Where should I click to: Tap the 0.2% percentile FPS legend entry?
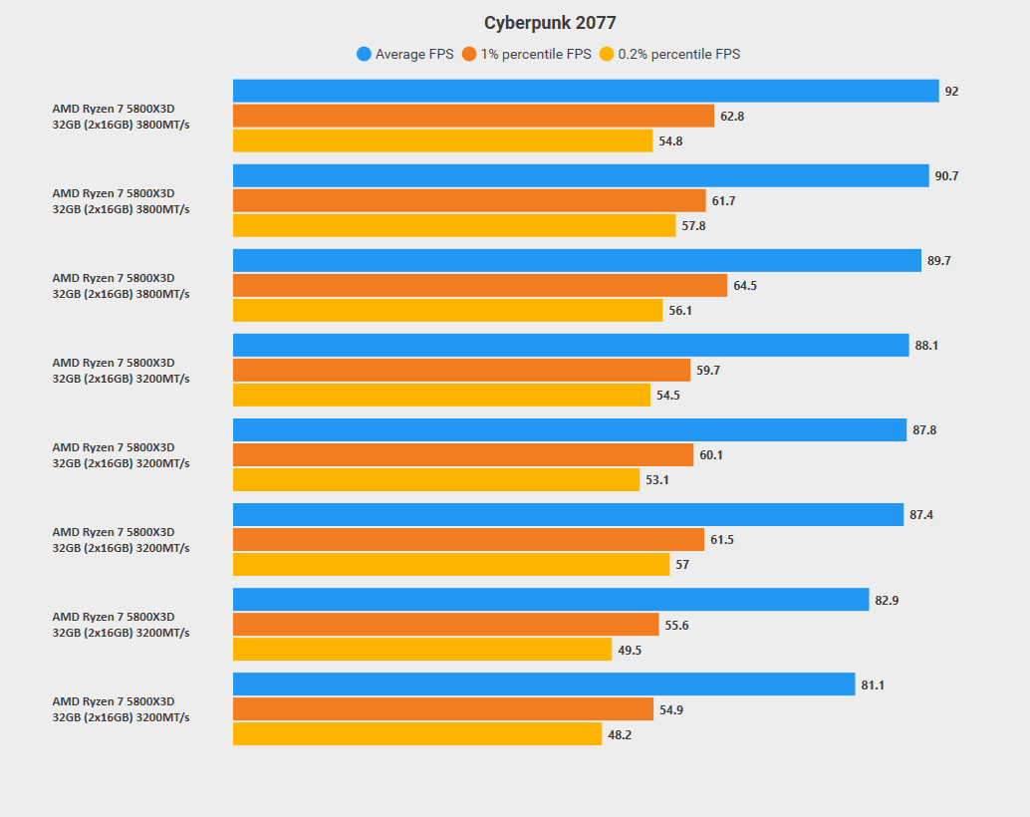coord(669,54)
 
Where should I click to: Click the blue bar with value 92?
coord(586,91)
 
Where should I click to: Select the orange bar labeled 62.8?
coord(473,116)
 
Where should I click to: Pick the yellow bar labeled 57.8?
coord(454,226)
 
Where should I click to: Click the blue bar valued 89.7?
coord(577,261)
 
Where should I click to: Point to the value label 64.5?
coord(745,286)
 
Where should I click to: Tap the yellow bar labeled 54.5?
coord(441,396)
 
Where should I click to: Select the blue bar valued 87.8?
coord(570,430)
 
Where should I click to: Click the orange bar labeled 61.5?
coord(468,540)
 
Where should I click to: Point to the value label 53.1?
coord(657,480)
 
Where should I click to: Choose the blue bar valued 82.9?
coord(551,600)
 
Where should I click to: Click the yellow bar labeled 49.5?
coord(422,650)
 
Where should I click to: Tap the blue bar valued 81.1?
coord(544,684)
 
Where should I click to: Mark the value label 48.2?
coord(620,735)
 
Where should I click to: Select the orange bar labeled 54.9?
coord(443,709)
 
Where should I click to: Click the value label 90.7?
coord(946,176)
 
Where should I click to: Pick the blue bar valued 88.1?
coord(571,346)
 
